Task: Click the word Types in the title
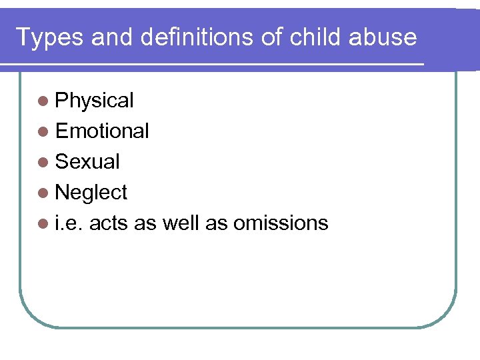click(x=50, y=38)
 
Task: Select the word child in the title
click(x=318, y=37)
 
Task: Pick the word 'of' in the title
click(x=272, y=37)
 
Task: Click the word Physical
click(x=95, y=101)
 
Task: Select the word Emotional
click(x=102, y=131)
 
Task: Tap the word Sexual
click(x=87, y=162)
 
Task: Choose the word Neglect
click(x=91, y=193)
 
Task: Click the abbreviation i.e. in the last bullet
click(x=69, y=223)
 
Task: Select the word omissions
click(x=281, y=223)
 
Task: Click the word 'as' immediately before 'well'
click(x=145, y=223)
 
